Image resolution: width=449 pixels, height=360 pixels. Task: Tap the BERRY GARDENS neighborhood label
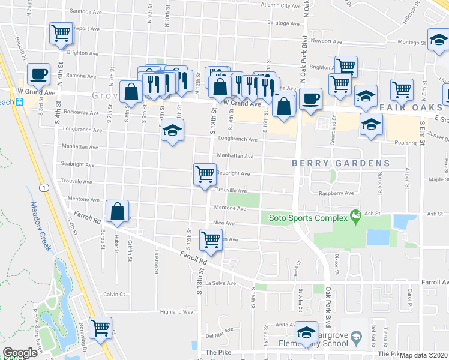pyautogui.click(x=341, y=163)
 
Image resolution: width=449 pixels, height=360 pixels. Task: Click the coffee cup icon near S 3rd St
pyautogui.click(x=38, y=74)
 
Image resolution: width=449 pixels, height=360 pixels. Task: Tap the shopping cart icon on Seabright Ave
pyautogui.click(x=205, y=174)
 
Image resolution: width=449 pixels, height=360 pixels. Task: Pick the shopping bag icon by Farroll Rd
pyautogui.click(x=118, y=211)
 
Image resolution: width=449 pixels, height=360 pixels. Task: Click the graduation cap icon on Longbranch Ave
pyautogui.click(x=172, y=131)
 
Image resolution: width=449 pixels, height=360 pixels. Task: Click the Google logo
pyautogui.click(x=20, y=353)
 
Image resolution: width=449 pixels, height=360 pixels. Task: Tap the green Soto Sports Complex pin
pyautogui.click(x=355, y=214)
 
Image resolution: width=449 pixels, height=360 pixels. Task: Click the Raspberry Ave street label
pyautogui.click(x=336, y=193)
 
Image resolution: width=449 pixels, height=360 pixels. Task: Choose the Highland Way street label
pyautogui.click(x=176, y=312)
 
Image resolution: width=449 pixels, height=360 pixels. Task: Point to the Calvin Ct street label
pyautogui.click(x=113, y=294)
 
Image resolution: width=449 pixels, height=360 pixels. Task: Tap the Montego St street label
pyautogui.click(x=412, y=43)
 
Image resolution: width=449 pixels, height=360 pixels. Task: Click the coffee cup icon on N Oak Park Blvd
pyautogui.click(x=310, y=98)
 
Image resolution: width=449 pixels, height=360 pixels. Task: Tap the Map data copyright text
pyautogui.click(x=423, y=355)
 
